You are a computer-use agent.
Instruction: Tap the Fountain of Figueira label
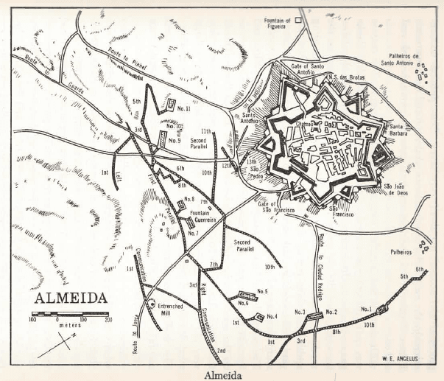click(278, 23)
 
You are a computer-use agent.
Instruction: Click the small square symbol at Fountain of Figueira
click(299, 21)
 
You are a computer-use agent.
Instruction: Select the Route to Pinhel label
click(127, 55)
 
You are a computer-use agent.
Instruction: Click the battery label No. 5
click(261, 291)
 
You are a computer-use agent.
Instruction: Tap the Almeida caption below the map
click(222, 373)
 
